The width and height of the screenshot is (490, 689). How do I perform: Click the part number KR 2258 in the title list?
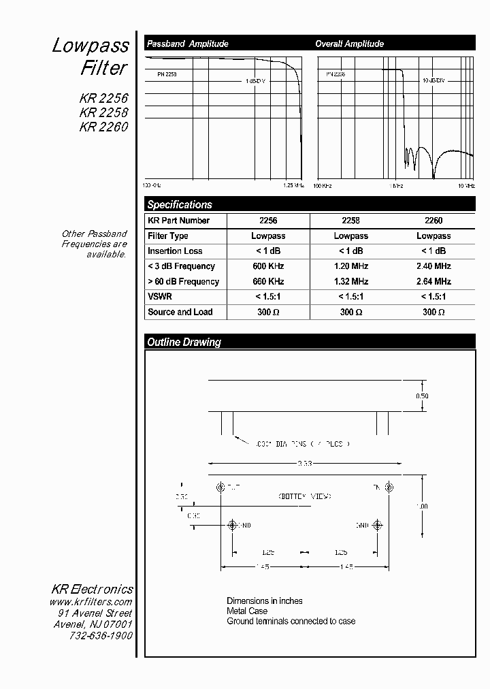click(x=103, y=112)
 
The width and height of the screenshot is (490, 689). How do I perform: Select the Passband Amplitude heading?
click(x=187, y=44)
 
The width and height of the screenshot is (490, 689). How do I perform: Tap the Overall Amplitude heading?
click(x=349, y=44)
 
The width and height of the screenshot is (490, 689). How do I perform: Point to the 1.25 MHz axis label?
click(x=293, y=185)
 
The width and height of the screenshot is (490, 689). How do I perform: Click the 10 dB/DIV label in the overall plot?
click(x=434, y=80)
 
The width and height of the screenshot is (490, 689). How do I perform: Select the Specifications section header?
click(x=180, y=204)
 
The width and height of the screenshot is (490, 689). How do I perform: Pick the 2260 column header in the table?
click(x=433, y=221)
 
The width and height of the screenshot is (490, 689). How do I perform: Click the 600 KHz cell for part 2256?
click(x=268, y=266)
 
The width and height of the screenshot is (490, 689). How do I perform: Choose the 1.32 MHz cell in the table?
click(x=350, y=281)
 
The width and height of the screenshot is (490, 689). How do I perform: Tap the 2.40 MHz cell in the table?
click(x=433, y=266)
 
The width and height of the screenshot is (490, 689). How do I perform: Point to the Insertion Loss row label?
click(x=175, y=251)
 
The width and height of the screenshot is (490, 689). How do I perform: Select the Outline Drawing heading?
click(x=184, y=342)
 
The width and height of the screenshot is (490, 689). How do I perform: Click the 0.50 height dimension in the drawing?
click(x=422, y=396)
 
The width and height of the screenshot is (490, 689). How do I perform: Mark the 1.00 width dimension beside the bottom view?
click(x=423, y=507)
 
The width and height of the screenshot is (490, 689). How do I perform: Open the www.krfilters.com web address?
click(x=91, y=602)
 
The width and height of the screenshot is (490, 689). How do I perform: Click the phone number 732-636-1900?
click(x=101, y=635)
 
